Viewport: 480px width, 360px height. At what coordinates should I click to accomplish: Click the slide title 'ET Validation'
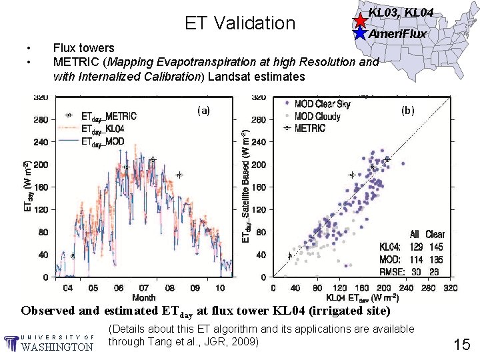tap(239, 23)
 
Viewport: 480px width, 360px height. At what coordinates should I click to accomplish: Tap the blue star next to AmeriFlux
tap(360, 33)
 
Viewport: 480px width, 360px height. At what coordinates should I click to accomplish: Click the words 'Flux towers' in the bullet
tap(83, 48)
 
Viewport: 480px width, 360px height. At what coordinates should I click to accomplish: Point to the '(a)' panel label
tap(203, 111)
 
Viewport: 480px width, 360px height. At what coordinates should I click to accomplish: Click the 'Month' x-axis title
tap(144, 297)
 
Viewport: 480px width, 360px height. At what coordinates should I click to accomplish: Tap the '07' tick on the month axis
tap(144, 288)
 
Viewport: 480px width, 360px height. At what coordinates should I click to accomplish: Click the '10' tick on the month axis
tap(220, 288)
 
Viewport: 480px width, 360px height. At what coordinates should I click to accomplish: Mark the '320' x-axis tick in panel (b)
tap(451, 288)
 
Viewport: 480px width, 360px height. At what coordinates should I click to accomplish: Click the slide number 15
tap(461, 344)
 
